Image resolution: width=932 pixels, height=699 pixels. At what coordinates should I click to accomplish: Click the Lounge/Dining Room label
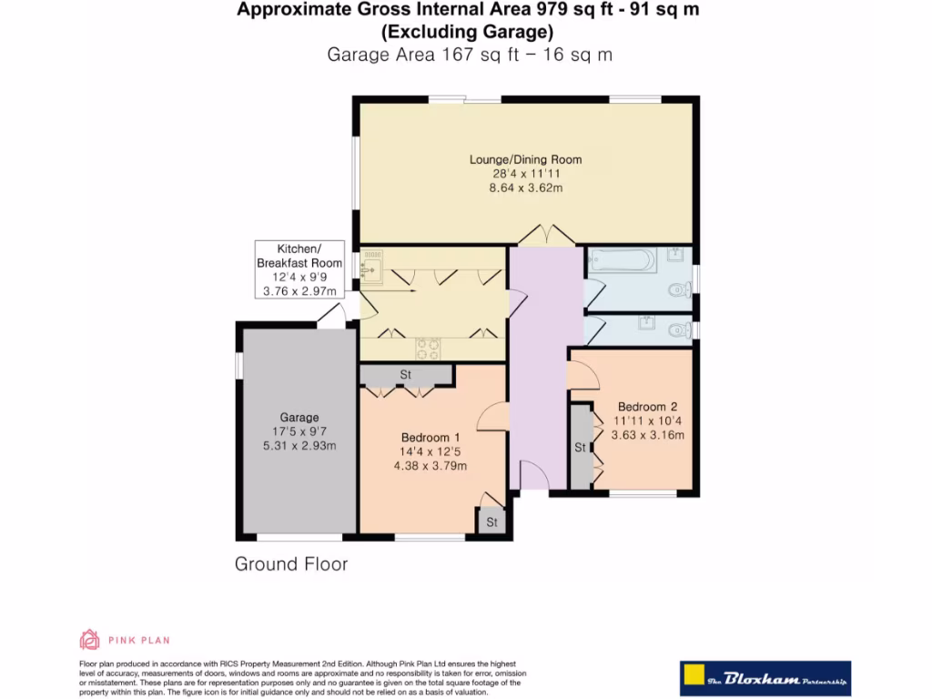[525, 159]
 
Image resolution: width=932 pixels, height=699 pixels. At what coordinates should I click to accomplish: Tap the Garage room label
[299, 417]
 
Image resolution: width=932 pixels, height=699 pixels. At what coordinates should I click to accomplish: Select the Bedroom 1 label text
[431, 438]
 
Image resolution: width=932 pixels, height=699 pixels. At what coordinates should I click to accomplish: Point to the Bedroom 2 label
[647, 407]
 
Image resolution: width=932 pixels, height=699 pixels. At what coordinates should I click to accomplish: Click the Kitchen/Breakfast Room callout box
[299, 269]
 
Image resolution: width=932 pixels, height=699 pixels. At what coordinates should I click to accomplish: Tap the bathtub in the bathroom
[623, 260]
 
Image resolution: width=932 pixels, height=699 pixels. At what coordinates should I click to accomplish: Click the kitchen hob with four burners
[428, 349]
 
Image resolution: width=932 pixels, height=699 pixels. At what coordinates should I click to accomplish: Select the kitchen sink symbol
[371, 266]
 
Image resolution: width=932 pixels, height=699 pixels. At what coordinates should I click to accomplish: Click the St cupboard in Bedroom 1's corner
[491, 522]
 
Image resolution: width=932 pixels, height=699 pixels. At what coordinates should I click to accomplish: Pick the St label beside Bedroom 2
[580, 448]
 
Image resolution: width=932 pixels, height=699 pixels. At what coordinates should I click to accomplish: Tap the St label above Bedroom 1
[405, 374]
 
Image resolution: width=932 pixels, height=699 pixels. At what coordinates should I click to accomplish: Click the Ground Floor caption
[291, 563]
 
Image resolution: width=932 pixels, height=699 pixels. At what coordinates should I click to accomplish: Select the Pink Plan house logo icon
[90, 640]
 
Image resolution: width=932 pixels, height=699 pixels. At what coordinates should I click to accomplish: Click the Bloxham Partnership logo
[765, 678]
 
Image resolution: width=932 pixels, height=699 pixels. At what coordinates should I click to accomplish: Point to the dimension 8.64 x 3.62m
[525, 187]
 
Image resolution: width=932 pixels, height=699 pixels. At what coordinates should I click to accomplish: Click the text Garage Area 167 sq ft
[423, 54]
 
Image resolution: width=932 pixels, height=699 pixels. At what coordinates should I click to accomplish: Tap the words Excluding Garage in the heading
[467, 32]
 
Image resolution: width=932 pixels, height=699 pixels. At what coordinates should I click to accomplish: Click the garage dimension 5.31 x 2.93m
[299, 446]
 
